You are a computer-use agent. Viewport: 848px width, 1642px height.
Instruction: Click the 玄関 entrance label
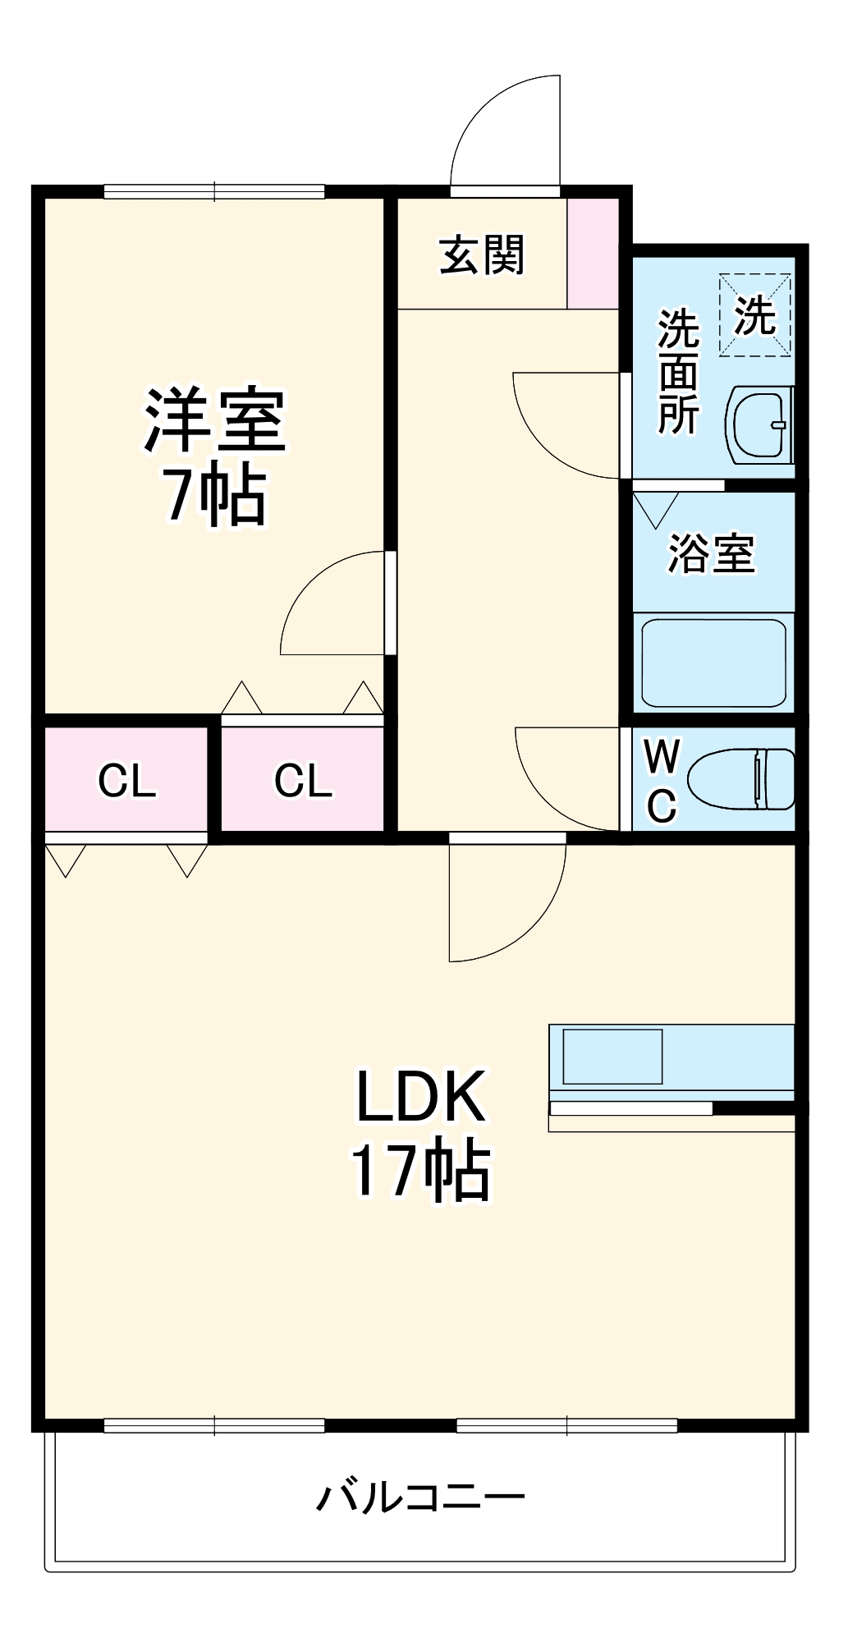(482, 255)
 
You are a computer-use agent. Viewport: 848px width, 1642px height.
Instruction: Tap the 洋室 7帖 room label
(215, 456)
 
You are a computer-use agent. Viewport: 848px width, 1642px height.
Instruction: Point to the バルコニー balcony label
(421, 1498)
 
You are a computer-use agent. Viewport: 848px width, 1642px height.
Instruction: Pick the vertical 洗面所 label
(678, 372)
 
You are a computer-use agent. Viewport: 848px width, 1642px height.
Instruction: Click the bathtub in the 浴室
(713, 663)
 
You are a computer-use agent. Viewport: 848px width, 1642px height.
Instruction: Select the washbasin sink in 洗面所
(759, 425)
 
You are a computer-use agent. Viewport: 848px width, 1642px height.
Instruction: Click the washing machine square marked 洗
(754, 315)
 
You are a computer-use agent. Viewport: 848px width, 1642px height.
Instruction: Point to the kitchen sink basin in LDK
(612, 1057)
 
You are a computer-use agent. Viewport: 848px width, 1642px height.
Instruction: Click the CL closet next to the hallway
(303, 780)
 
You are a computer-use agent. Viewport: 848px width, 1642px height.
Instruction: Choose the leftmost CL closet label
(126, 780)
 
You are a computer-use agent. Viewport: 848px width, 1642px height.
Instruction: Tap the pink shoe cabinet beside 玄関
(593, 253)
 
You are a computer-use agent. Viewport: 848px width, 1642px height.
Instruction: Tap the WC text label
(662, 780)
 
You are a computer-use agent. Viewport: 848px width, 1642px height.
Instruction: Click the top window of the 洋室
(214, 192)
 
